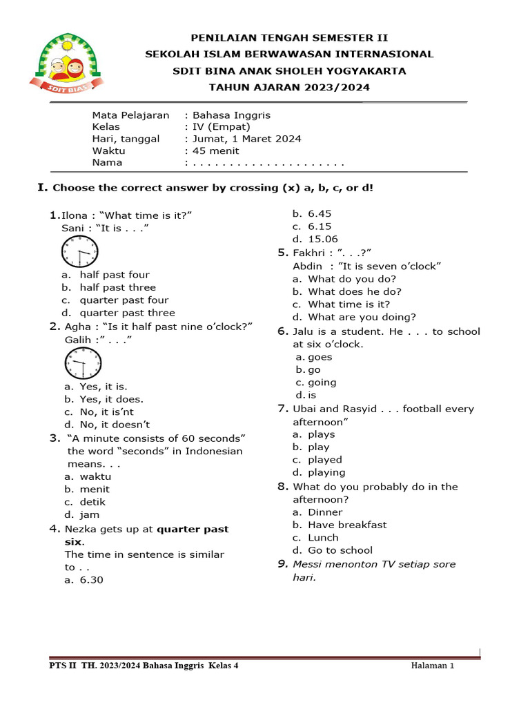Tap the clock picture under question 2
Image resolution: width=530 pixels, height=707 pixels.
[x=83, y=363]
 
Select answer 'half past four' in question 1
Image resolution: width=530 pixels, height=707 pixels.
[x=114, y=275]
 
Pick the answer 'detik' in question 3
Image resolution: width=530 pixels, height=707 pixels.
[x=92, y=502]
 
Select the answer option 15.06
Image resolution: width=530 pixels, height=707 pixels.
[x=323, y=239]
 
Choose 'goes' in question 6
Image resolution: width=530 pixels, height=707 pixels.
[x=320, y=357]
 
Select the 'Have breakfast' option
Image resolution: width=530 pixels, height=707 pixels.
[x=347, y=525]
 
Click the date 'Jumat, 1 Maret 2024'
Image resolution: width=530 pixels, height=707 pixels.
[x=246, y=139]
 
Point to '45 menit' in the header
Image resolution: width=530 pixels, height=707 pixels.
[x=216, y=151]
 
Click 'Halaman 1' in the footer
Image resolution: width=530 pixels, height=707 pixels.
[x=432, y=666]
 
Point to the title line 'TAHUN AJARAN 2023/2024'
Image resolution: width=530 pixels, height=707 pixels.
[x=289, y=87]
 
